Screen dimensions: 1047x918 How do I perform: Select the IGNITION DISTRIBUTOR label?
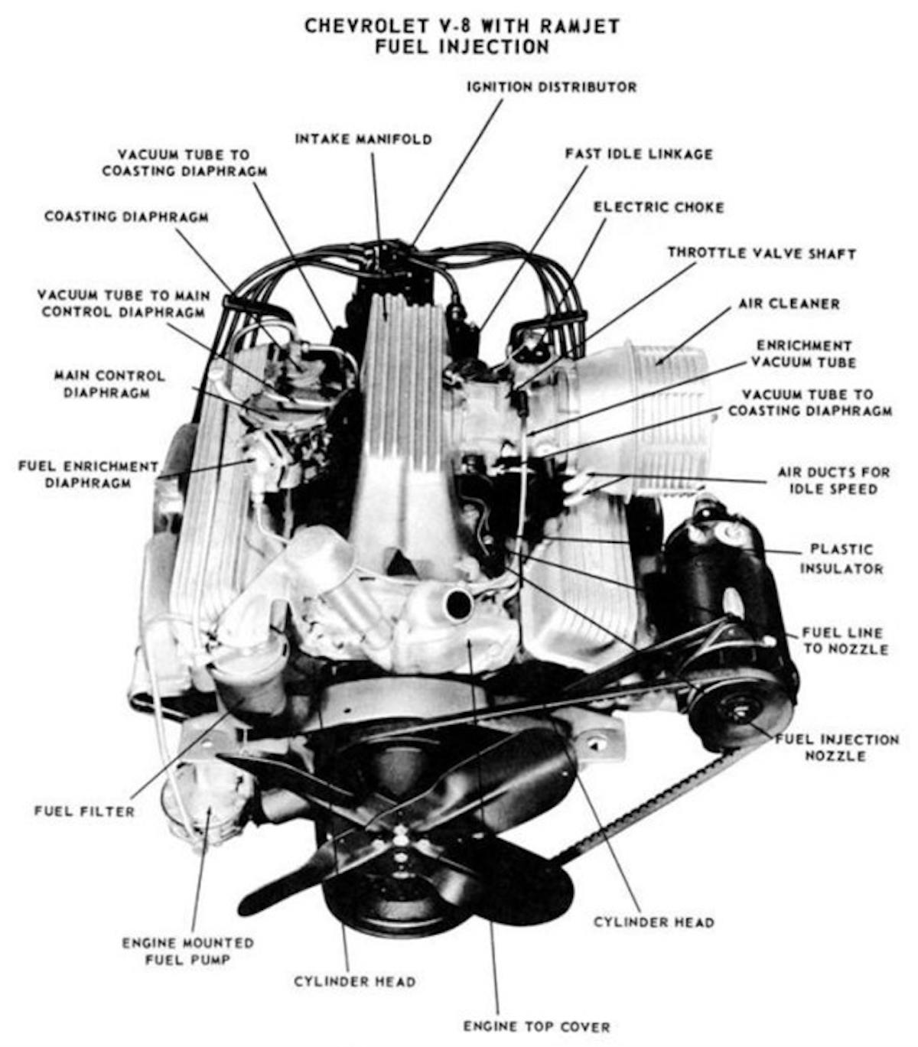pos(552,87)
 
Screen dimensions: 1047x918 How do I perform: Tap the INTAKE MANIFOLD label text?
pos(363,139)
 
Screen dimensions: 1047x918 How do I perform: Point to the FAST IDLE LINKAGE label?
pos(639,154)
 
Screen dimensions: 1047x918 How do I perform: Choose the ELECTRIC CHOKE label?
pos(659,207)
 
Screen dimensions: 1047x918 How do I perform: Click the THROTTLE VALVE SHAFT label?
pos(761,253)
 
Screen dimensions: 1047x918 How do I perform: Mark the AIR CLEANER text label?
pos(789,304)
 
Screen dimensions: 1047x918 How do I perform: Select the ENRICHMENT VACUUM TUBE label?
pos(804,354)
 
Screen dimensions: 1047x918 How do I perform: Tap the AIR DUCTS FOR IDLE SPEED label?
pos(834,480)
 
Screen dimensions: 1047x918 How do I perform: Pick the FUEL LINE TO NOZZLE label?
pos(845,641)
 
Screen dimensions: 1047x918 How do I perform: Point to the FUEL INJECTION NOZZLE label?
pos(837,747)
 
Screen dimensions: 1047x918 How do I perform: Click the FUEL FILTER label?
pos(84,811)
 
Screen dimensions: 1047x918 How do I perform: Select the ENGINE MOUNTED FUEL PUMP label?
pos(187,951)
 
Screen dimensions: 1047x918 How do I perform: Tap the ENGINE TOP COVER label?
pos(536,1026)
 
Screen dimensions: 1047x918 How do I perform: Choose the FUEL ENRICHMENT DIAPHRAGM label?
pos(88,474)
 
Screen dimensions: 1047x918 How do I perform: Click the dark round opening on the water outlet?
pos(458,604)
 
